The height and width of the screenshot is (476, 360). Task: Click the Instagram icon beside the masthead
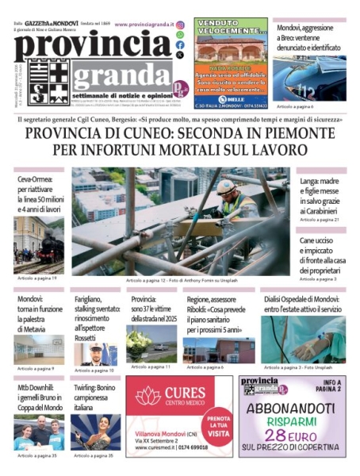181,25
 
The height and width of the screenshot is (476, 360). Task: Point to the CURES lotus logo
147,396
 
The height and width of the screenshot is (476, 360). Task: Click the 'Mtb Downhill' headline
39,390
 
